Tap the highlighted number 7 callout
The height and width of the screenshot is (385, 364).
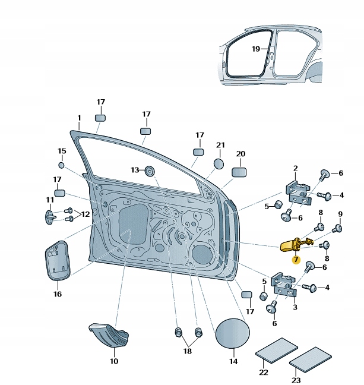click(x=295, y=259)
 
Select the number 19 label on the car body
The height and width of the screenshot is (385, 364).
click(x=256, y=49)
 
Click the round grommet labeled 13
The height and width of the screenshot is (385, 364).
click(x=149, y=171)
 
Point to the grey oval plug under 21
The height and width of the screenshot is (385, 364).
click(x=219, y=163)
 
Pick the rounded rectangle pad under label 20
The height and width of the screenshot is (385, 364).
click(x=239, y=172)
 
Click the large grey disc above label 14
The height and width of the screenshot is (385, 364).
click(x=232, y=334)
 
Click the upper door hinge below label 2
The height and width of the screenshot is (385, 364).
click(x=296, y=190)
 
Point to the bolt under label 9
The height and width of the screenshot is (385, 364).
click(x=339, y=228)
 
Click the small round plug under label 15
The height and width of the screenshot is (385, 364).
click(x=61, y=165)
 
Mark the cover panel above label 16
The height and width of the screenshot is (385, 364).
click(x=58, y=261)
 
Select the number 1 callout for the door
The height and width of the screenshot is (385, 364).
click(x=79, y=118)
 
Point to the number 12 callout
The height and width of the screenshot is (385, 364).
click(x=86, y=214)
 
